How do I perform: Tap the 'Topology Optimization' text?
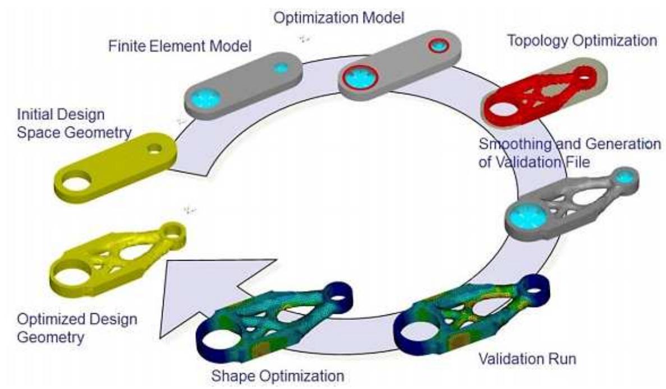click(x=581, y=40)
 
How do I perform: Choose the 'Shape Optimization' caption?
click(x=277, y=376)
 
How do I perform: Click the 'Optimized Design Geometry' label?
click(x=76, y=329)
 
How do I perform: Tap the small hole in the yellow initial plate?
click(x=154, y=149)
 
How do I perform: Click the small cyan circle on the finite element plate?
click(x=281, y=68)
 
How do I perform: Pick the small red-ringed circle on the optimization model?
click(x=437, y=45)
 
